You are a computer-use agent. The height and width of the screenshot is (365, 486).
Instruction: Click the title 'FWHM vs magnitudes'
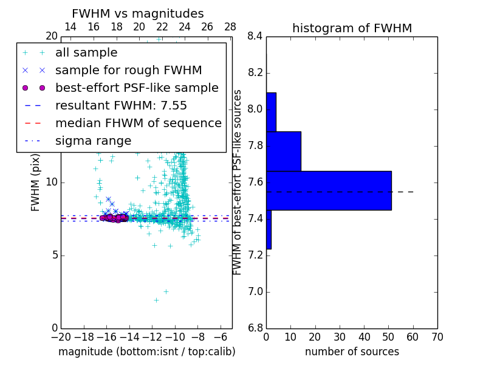pyautogui.click(x=138, y=14)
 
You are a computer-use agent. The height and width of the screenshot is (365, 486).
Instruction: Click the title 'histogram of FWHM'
pyautogui.click(x=352, y=28)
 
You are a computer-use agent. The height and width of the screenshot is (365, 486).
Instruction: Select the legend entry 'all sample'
pyautogui.click(x=86, y=53)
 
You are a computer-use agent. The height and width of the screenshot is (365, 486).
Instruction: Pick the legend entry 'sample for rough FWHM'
pyautogui.click(x=128, y=71)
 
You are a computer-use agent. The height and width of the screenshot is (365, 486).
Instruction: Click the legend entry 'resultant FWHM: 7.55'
pyautogui.click(x=121, y=105)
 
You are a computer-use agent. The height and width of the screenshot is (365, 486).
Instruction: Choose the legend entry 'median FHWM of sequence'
pyautogui.click(x=138, y=123)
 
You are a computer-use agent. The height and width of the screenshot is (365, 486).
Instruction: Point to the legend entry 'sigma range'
pyautogui.click(x=93, y=141)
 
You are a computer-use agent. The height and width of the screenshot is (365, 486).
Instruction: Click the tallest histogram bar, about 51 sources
pyautogui.click(x=329, y=190)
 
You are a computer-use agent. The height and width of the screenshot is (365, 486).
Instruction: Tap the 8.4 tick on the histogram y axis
pyautogui.click(x=255, y=36)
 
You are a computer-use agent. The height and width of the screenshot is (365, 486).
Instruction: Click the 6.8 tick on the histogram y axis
pyautogui.click(x=255, y=328)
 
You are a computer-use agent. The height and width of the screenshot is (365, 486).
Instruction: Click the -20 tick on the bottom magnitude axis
pyautogui.click(x=61, y=337)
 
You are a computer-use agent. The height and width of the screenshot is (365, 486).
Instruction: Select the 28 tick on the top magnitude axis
pyautogui.click(x=230, y=27)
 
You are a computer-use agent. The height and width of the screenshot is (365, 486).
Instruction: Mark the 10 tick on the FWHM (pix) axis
pyautogui.click(x=51, y=182)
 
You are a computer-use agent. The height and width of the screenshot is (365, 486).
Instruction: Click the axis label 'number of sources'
pyautogui.click(x=352, y=352)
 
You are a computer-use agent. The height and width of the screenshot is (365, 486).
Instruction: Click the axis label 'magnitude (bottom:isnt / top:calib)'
pyautogui.click(x=146, y=352)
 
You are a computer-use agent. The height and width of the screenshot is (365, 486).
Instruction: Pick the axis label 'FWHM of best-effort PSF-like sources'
pyautogui.click(x=238, y=182)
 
